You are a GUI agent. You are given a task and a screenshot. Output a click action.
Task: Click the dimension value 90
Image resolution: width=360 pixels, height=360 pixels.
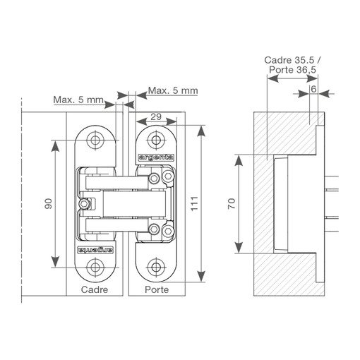(x=49, y=204)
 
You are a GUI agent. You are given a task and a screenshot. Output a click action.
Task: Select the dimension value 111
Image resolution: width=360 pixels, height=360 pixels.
(x=195, y=203)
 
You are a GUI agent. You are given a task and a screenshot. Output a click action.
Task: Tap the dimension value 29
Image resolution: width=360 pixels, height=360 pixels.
(x=156, y=116)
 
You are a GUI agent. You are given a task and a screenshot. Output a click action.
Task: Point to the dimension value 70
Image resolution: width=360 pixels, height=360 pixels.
(x=232, y=203)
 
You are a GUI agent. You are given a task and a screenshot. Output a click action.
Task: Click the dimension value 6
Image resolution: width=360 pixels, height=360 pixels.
(x=313, y=89)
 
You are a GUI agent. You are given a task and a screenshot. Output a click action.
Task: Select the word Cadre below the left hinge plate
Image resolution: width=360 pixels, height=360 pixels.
(x=95, y=289)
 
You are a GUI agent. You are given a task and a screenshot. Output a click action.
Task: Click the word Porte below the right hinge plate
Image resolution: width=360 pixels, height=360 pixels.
(x=157, y=289)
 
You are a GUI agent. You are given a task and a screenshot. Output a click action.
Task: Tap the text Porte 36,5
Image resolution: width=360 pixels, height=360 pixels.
(x=292, y=70)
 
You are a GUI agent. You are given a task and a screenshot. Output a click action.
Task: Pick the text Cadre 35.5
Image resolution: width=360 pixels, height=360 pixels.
(x=289, y=60)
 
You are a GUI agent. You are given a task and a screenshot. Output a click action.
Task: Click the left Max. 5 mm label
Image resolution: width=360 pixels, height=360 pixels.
(x=78, y=100)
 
